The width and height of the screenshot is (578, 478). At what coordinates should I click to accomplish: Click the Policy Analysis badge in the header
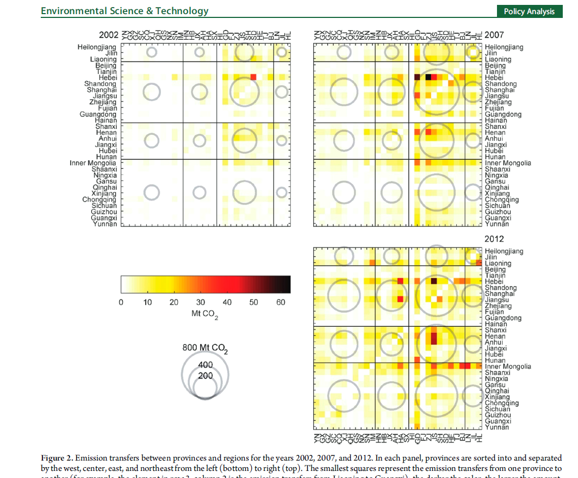click(x=529, y=11)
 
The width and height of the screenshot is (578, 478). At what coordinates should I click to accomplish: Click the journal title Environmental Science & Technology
click(x=125, y=11)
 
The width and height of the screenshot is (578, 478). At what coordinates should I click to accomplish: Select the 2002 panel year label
click(x=109, y=35)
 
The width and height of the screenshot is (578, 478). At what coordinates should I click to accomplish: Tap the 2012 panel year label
click(x=494, y=239)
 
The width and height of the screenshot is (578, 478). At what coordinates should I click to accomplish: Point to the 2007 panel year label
click(x=494, y=35)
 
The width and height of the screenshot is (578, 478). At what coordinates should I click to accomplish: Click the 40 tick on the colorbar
click(x=227, y=302)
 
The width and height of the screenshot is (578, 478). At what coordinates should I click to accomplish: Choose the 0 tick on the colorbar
click(x=121, y=302)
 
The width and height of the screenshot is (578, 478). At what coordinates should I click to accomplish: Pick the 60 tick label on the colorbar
click(x=281, y=302)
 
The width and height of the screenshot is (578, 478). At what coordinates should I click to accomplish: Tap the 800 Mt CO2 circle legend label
click(x=205, y=348)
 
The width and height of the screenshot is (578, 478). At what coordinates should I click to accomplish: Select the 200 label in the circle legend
click(x=206, y=376)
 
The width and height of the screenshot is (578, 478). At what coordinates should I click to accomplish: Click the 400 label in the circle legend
click(x=206, y=365)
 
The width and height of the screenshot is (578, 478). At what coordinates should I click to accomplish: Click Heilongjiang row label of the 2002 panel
click(x=97, y=47)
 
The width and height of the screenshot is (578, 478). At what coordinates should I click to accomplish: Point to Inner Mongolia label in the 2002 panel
click(x=93, y=163)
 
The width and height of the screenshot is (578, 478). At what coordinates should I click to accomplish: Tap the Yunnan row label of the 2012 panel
click(x=497, y=427)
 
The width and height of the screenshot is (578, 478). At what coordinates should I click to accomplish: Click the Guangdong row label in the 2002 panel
click(x=98, y=114)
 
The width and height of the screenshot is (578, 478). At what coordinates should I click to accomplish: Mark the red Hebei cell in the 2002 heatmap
click(x=253, y=77)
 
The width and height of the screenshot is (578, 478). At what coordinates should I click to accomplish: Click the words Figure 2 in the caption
click(x=59, y=459)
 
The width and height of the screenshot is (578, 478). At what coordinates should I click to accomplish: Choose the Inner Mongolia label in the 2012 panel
click(x=508, y=367)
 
